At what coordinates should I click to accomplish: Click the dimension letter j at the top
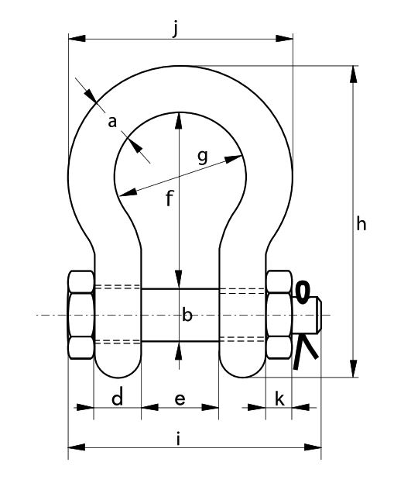(175, 29)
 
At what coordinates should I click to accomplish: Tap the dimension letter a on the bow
(112, 122)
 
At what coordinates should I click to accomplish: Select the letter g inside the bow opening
(202, 157)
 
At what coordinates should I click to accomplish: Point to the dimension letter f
(170, 198)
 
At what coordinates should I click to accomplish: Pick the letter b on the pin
(187, 315)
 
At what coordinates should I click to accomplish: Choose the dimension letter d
(117, 397)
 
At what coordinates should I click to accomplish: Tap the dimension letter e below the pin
(180, 399)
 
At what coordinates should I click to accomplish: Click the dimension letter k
(279, 398)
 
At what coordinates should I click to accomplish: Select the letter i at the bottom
(178, 439)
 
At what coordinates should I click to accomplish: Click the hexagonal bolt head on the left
(81, 315)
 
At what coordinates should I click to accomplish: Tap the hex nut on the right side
(279, 315)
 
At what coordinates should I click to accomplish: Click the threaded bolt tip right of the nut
(307, 315)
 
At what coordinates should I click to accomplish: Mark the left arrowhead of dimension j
(77, 39)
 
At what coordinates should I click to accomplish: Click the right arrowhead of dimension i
(313, 447)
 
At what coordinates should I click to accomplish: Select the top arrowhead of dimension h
(354, 74)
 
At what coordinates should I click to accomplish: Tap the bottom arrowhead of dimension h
(354, 368)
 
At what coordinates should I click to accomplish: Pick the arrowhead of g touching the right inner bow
(234, 159)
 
